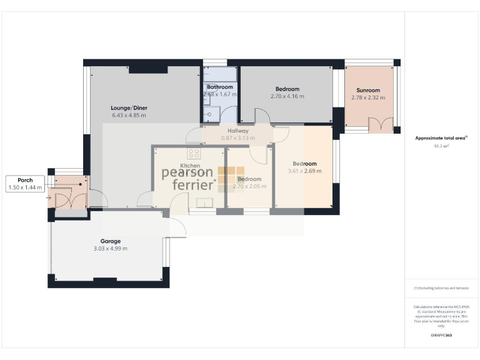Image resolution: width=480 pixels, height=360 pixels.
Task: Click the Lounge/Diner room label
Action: coord(129,107)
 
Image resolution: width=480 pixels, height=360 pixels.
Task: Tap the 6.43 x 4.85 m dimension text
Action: coord(129,116)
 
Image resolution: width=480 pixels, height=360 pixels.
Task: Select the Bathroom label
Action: coord(220,87)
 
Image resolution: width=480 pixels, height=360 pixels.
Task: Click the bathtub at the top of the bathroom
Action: coord(219,72)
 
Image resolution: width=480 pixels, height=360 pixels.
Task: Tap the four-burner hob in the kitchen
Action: coord(194,153)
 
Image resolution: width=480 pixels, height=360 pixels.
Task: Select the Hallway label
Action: coord(238,131)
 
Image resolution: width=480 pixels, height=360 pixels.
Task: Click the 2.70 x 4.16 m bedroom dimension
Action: coord(287,96)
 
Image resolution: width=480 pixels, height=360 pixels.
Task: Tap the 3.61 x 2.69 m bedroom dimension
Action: coord(304,171)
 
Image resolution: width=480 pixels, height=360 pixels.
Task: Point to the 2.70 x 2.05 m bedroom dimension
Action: coord(249,186)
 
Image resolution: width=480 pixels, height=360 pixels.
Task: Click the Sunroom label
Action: coord(364,90)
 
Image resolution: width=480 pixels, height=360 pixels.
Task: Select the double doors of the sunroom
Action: coord(377,125)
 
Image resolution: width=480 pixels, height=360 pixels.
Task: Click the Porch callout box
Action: coord(25,184)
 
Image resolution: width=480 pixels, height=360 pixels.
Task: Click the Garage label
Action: coord(111,241)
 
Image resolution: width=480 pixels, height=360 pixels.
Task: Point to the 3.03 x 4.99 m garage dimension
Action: coord(111,249)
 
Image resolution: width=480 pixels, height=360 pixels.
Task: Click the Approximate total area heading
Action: coord(441,138)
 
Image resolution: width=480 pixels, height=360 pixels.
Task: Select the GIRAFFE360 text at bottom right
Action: coord(441,336)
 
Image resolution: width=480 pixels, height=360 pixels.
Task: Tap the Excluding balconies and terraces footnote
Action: coord(441,287)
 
